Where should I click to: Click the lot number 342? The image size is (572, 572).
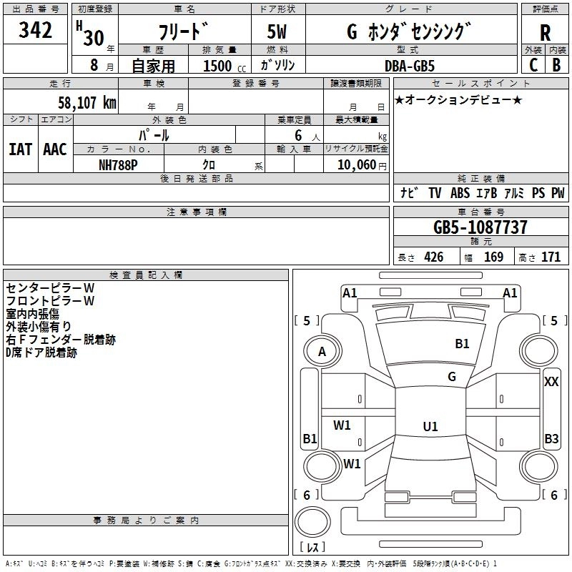[35, 30]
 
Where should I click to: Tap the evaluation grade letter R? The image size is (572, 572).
[545, 33]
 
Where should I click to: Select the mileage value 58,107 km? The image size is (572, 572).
[87, 103]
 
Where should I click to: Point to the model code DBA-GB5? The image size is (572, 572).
[410, 66]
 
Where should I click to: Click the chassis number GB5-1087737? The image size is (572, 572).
[480, 227]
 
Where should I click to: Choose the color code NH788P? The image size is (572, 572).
[118, 165]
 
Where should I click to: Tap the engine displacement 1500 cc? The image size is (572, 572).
[225, 66]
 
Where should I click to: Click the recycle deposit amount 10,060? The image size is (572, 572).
[356, 165]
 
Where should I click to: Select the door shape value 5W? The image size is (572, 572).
[277, 31]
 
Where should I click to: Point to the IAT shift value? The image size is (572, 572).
[21, 149]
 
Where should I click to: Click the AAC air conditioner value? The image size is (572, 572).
[55, 149]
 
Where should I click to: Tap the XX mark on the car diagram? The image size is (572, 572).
[551, 382]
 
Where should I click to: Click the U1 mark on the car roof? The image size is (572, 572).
[430, 426]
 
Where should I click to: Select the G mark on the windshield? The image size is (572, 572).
[452, 377]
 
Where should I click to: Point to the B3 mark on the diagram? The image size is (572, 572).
[551, 438]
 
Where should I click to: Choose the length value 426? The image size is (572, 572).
[434, 257]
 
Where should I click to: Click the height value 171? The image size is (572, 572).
[551, 257]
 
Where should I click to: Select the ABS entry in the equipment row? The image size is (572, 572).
[460, 193]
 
